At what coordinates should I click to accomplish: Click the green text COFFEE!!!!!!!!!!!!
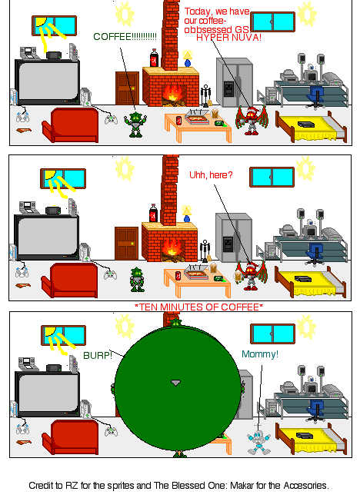click(125, 36)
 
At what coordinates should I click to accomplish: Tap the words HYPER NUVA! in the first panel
click(228, 37)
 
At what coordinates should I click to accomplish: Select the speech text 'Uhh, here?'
click(211, 175)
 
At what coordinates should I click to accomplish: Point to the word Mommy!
click(260, 354)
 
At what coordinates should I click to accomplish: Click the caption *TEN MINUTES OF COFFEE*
click(198, 307)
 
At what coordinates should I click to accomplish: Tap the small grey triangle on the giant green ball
click(175, 382)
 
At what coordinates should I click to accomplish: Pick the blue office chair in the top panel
click(316, 95)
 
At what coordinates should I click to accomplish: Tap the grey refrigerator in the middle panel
click(232, 238)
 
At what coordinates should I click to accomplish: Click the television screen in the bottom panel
click(47, 393)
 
